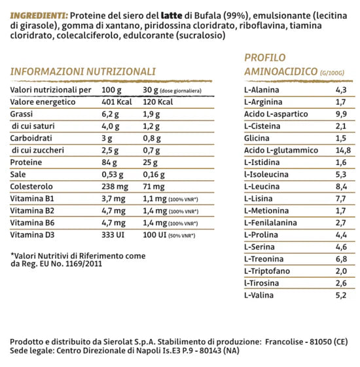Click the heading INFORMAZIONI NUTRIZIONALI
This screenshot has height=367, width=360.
[83, 71]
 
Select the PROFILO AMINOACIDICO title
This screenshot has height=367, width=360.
[281, 64]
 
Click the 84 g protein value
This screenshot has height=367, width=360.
[110, 162]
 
